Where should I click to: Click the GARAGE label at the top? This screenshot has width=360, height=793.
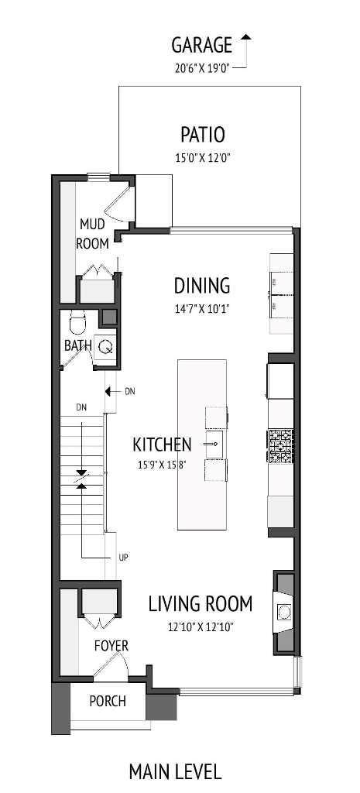[x=201, y=44]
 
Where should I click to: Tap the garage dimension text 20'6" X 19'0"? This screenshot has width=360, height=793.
[x=201, y=67]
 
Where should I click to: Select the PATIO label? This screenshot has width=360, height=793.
[x=202, y=135]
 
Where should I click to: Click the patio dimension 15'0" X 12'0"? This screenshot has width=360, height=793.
[x=202, y=158]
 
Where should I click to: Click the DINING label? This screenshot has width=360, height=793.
[x=201, y=286]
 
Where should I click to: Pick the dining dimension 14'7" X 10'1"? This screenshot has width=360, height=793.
[x=201, y=308]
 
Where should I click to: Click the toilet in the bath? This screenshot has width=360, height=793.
[x=77, y=321]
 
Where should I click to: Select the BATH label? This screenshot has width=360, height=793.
[x=77, y=345]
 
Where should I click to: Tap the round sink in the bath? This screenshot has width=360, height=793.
[x=105, y=347]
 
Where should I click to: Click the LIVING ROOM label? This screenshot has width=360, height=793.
[x=201, y=602]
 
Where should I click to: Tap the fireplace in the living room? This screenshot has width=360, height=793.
[x=284, y=613]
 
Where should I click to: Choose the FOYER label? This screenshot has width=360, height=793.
[x=111, y=645]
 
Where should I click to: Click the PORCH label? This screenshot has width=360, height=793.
[x=107, y=702]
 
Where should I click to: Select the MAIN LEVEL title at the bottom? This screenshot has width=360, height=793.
[x=175, y=771]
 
